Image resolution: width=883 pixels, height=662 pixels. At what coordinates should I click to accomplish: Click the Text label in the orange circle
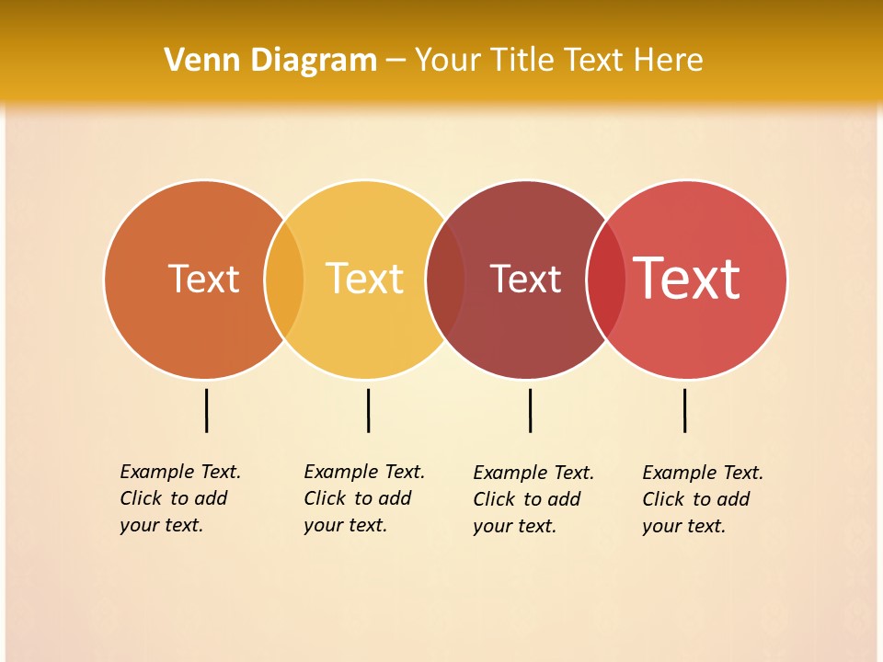[x=203, y=279]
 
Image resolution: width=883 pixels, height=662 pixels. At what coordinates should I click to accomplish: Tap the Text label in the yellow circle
[x=365, y=279]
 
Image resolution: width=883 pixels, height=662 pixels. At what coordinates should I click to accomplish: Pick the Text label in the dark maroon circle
[x=525, y=280]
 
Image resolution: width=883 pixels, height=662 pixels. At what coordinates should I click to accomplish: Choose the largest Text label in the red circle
[x=686, y=278]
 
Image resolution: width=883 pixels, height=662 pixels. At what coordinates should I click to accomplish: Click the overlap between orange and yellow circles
[x=284, y=280]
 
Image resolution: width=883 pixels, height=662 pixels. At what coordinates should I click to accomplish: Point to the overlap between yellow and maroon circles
[x=445, y=280]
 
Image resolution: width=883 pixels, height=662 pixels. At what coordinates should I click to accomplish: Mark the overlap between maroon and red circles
[x=606, y=280]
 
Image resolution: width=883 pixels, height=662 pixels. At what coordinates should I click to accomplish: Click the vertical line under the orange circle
[x=207, y=410]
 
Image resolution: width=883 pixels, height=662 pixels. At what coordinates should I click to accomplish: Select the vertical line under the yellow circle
[x=368, y=410]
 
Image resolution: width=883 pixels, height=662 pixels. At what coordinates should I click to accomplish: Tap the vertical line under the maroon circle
[x=530, y=410]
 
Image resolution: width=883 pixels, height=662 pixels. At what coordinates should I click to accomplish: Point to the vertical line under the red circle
[x=684, y=410]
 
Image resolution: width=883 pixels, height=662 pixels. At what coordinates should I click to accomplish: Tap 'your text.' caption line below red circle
[x=683, y=526]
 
